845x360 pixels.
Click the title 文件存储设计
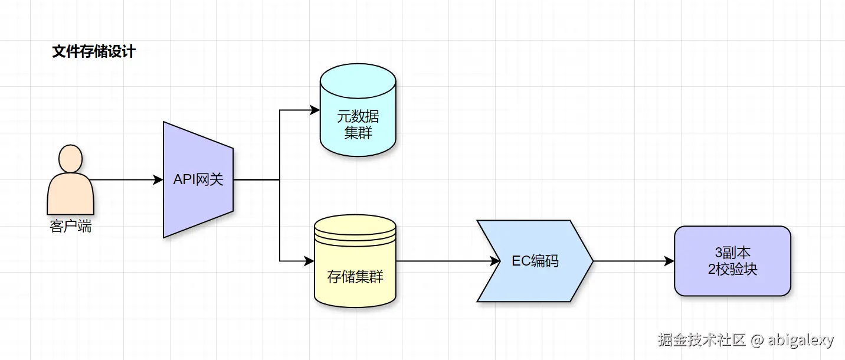[94, 52]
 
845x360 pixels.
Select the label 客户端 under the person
[70, 226]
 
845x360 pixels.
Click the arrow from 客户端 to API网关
[127, 179]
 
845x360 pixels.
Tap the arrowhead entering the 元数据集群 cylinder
[314, 110]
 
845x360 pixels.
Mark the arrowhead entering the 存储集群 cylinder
[309, 260]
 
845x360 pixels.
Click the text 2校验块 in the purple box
[732, 269]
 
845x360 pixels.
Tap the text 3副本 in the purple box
[732, 253]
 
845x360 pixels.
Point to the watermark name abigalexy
[800, 340]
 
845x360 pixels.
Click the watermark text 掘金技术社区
[702, 340]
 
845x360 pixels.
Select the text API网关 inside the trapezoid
[198, 179]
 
